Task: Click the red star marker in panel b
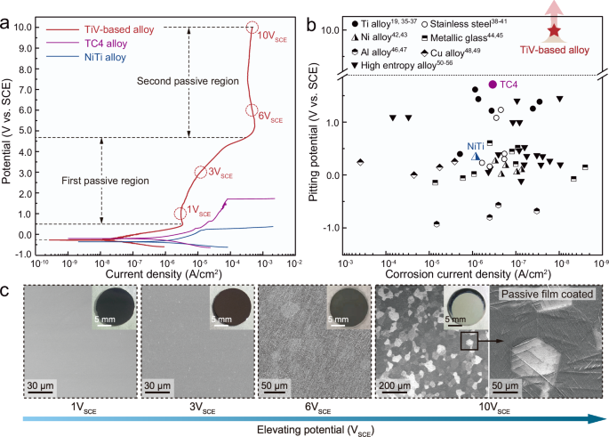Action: coord(554,31)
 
